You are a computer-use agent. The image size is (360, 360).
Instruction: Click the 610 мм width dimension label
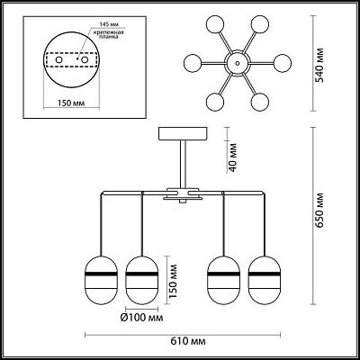[188, 341]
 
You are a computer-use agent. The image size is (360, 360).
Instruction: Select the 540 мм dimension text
[319, 65]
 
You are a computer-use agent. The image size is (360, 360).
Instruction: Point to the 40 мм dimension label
[232, 157]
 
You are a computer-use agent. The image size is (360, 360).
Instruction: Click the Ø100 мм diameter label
[142, 318]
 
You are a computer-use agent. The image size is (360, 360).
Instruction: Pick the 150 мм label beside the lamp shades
[173, 281]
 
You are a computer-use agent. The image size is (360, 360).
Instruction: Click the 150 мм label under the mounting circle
[71, 103]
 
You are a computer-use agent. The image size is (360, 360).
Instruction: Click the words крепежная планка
[109, 35]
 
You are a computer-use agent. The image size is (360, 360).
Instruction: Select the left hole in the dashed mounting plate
[59, 59]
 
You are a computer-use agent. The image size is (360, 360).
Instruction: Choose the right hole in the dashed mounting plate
[85, 59]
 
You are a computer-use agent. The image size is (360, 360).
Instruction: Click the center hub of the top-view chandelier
[238, 63]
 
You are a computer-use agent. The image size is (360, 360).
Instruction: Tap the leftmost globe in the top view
[193, 63]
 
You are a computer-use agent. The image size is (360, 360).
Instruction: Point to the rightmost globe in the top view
[283, 63]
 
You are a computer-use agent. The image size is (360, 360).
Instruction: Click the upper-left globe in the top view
[215, 24]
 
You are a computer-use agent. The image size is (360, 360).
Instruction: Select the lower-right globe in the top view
[260, 102]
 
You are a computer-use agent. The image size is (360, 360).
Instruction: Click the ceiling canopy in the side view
[183, 133]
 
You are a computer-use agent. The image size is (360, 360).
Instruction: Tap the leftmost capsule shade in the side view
[101, 280]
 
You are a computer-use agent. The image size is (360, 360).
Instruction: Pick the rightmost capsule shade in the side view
[265, 280]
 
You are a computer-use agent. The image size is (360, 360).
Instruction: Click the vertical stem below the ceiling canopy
[183, 165]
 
